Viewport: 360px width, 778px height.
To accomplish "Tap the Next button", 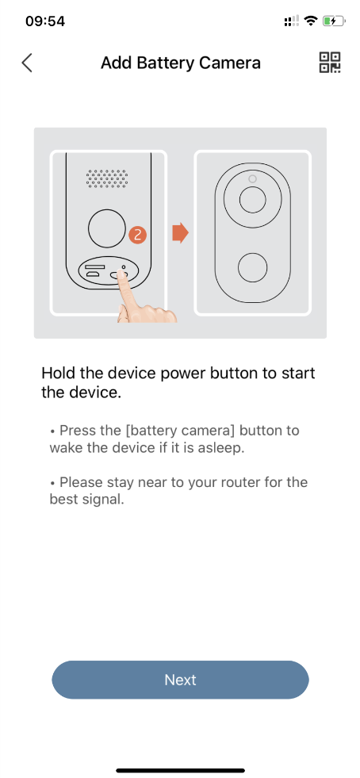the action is click(x=180, y=679).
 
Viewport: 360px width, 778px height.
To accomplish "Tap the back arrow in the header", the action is click(x=27, y=63).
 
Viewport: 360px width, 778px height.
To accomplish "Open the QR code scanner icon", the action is click(x=330, y=63).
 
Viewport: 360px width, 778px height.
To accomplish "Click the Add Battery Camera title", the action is click(x=181, y=63).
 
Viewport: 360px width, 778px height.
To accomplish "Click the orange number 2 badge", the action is click(x=138, y=235).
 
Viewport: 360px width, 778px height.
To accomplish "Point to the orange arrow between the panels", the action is click(x=181, y=232).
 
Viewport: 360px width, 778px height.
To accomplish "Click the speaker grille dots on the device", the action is click(x=106, y=178).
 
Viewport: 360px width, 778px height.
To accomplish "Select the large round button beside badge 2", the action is click(x=106, y=228).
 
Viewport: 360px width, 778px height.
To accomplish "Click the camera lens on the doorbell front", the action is click(x=252, y=200).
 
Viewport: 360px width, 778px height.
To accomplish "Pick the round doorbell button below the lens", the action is click(x=252, y=267).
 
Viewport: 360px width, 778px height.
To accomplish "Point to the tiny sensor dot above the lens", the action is click(x=252, y=178).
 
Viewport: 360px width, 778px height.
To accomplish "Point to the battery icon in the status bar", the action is click(x=334, y=21).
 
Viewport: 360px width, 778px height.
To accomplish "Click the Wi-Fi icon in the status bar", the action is click(x=311, y=21).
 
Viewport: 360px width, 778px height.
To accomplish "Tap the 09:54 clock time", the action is click(x=45, y=21).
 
